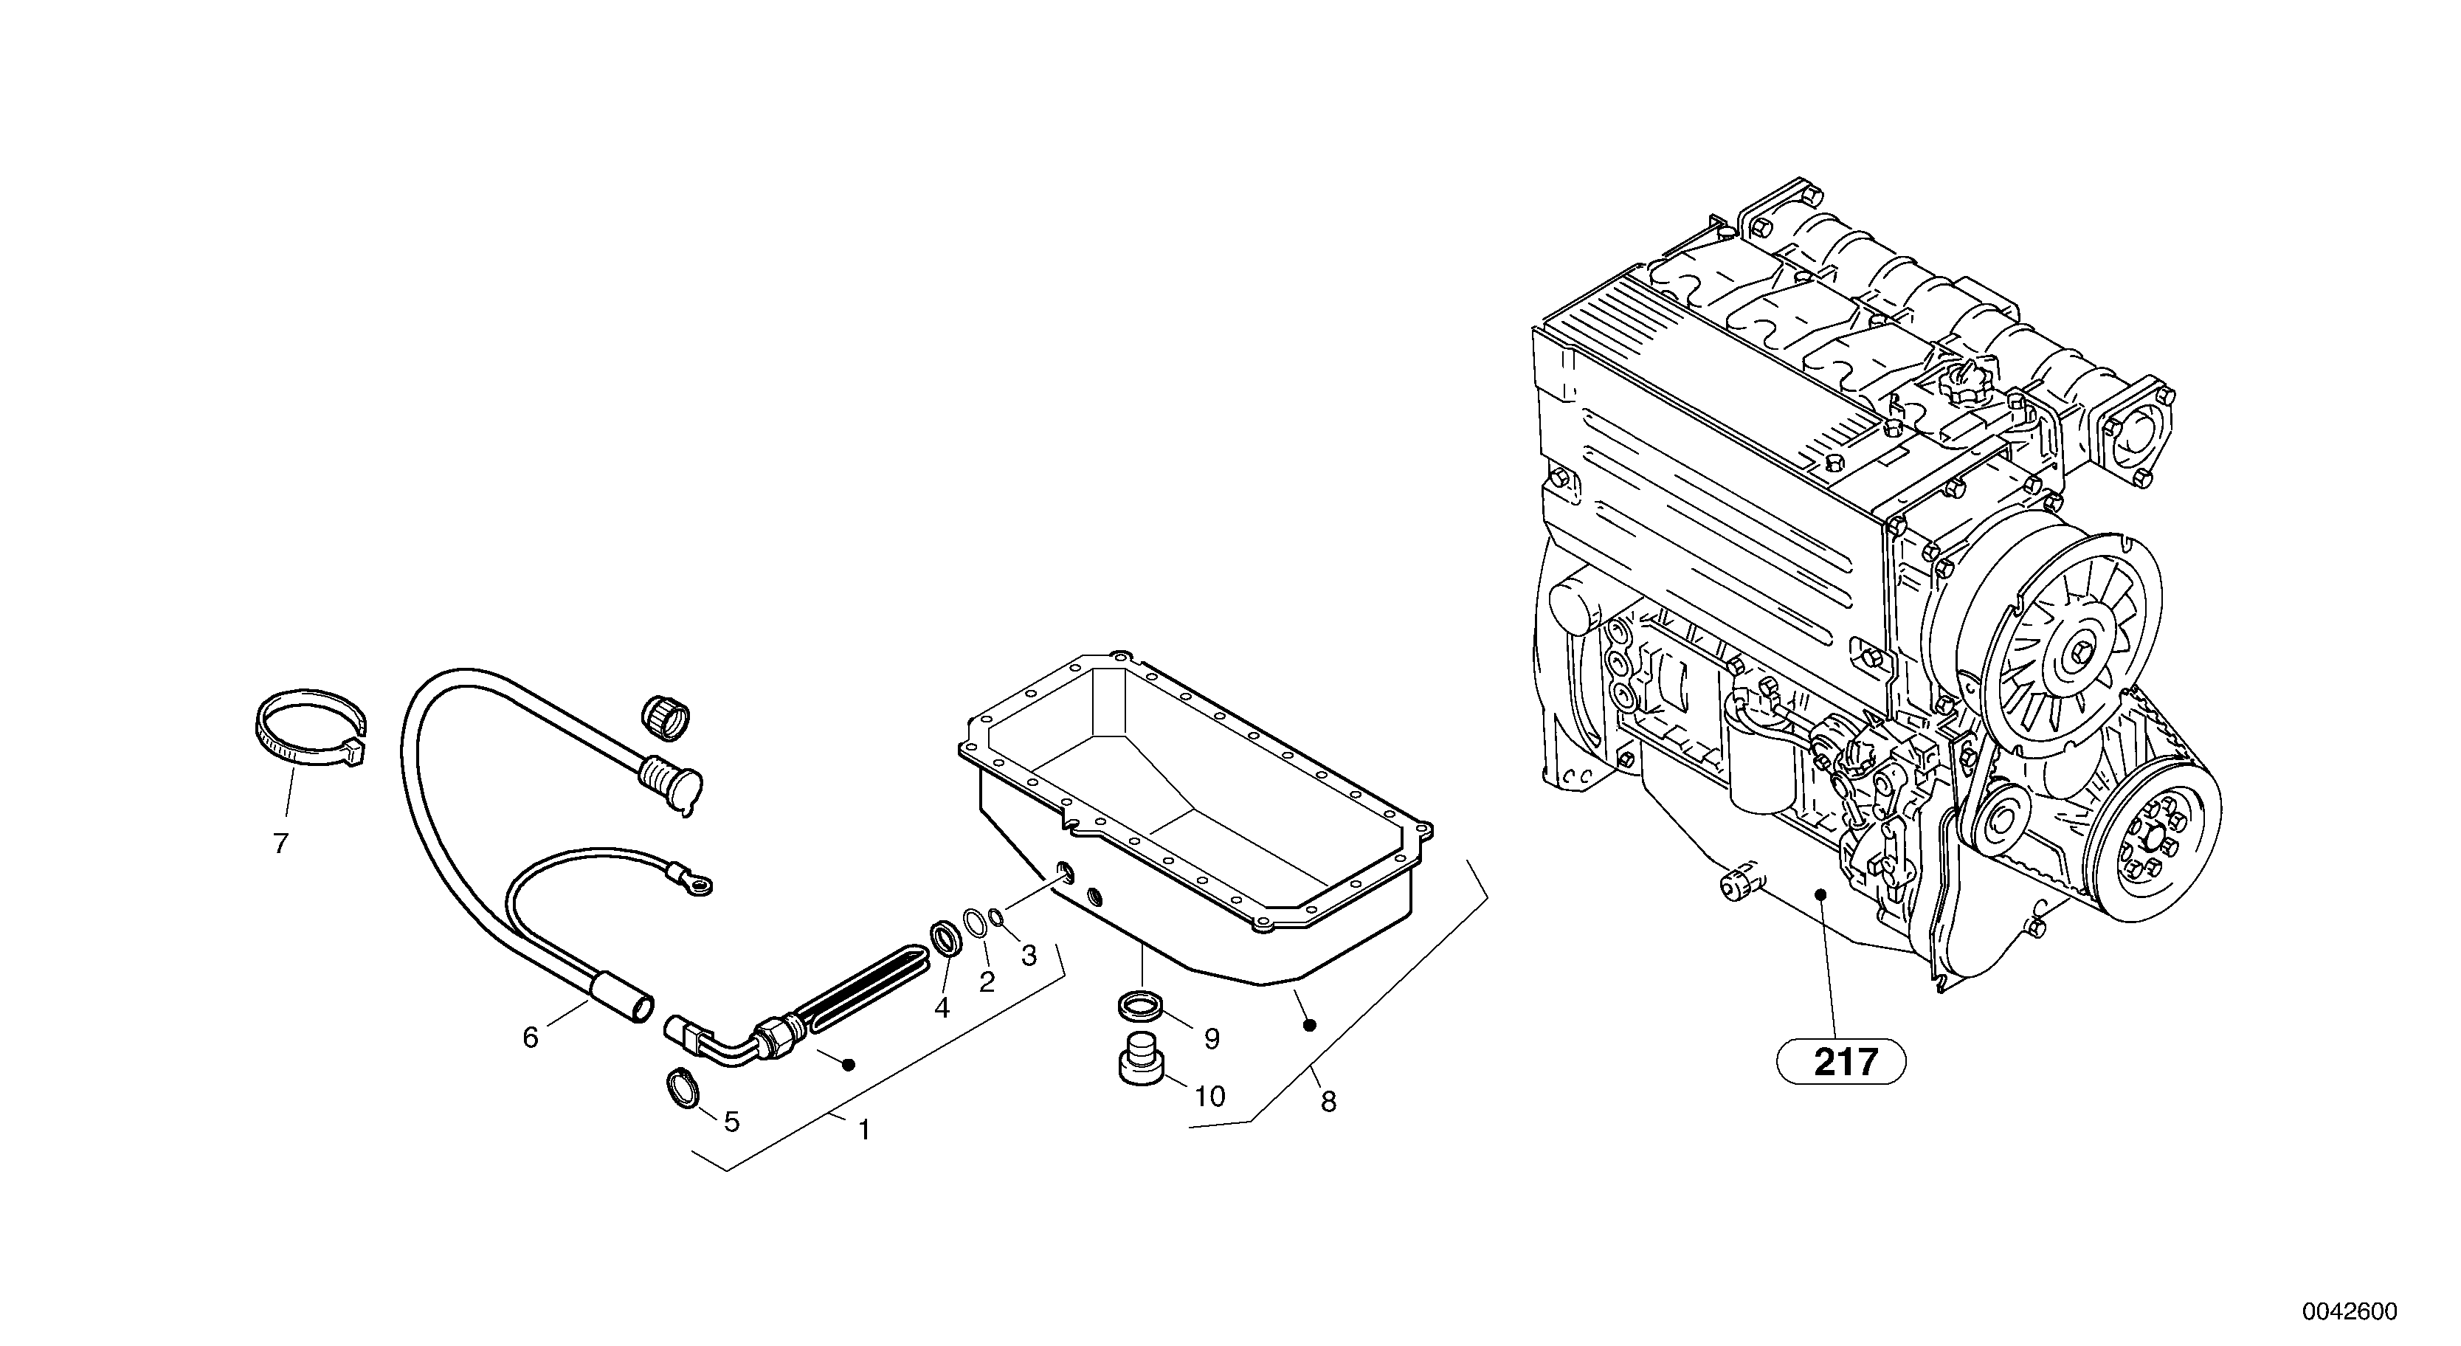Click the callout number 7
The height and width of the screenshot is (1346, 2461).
point(280,843)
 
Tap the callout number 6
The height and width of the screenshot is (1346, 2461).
point(531,1037)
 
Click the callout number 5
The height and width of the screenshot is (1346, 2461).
point(732,1122)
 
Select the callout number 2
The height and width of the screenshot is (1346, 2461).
point(987,981)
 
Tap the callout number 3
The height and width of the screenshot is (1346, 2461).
point(1029,956)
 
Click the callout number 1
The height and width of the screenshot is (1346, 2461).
point(863,1130)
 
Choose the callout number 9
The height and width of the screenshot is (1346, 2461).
point(1212,1038)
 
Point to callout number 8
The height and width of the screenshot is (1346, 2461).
point(1328,1102)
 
